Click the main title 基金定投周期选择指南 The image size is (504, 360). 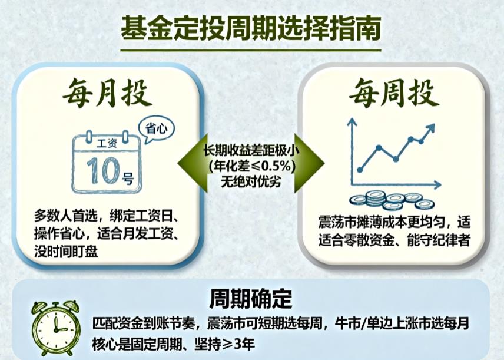tap(251, 28)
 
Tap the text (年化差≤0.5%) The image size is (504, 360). tap(251, 166)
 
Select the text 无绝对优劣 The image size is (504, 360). tap(251, 181)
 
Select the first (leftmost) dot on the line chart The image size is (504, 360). tap(360, 170)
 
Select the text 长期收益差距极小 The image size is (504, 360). tap(251, 150)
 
